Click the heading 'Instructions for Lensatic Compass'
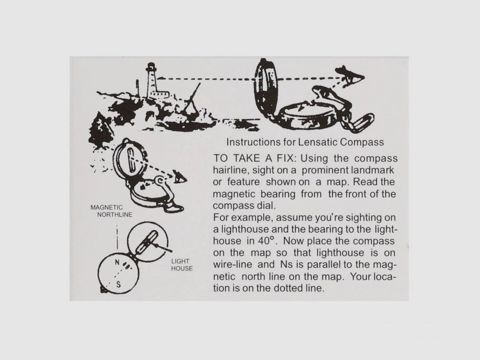tap(305, 142)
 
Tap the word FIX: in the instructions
tap(287, 158)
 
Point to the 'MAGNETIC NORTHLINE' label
tap(112, 211)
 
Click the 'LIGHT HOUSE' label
tap(182, 265)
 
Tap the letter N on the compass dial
tap(117, 262)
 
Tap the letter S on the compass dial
tap(118, 284)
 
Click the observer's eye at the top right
tap(352, 77)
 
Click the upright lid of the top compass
tap(266, 85)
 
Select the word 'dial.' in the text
tap(266, 205)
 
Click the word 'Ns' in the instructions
tap(287, 264)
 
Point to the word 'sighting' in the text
tap(365, 218)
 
